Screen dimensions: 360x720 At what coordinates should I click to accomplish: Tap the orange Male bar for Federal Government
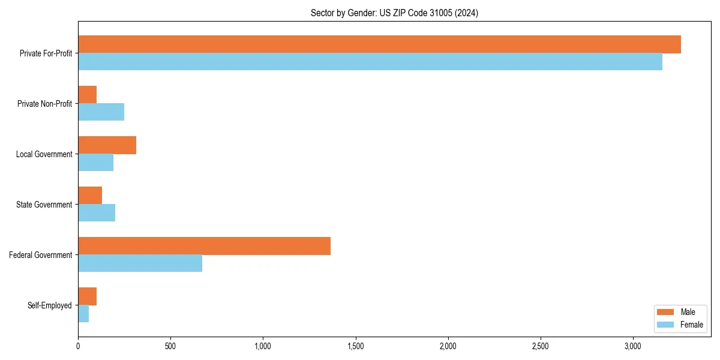204,246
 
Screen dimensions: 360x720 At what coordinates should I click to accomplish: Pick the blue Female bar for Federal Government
140,263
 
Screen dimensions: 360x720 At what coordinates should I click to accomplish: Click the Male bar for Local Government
107,145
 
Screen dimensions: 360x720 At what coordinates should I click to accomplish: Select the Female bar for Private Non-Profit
101,112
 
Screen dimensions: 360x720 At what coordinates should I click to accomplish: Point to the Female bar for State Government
97,213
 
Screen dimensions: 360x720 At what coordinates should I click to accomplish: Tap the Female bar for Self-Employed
83,314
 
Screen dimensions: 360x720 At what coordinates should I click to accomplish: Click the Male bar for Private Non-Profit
87,95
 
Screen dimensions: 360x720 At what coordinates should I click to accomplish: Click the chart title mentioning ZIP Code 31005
394,13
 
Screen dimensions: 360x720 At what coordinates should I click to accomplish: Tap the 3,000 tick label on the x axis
633,347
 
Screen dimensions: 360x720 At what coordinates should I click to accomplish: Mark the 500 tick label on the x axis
170,347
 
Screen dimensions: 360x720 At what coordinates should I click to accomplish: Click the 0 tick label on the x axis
78,347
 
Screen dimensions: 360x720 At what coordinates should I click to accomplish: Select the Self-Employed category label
49,305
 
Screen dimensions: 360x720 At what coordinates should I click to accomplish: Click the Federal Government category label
40,255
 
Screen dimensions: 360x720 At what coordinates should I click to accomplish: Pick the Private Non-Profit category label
44,104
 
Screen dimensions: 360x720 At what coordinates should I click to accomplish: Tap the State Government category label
44,205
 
